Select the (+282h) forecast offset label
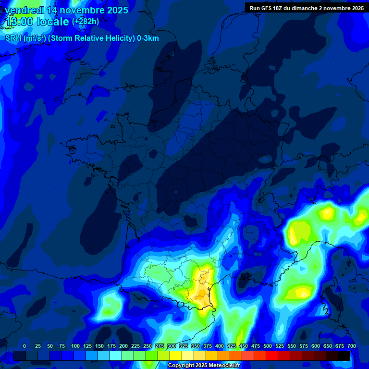[x=86, y=22]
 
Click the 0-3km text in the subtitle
[x=148, y=38]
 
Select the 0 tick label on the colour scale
[x=25, y=346]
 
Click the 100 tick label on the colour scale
[x=75, y=346]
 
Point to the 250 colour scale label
[x=147, y=346]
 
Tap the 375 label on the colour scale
[x=207, y=346]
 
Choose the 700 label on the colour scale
[x=351, y=346]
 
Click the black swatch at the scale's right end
[x=344, y=356]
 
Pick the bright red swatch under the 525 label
[x=272, y=356]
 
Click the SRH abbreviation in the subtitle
[x=13, y=38]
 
